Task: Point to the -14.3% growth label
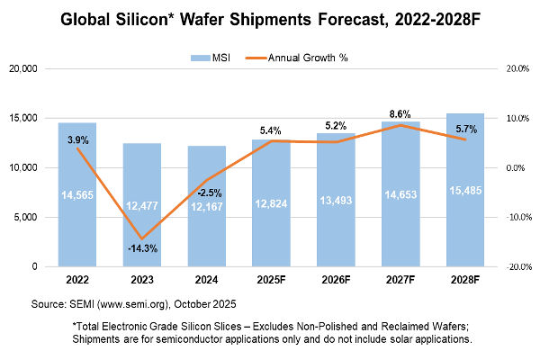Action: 142,247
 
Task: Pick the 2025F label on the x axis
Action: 272,278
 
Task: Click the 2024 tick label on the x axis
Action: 207,278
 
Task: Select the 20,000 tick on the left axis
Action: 34,68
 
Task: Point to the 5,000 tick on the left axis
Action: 37,217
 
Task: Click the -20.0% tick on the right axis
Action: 515,266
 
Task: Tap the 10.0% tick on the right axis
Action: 515,118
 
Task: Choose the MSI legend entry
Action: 212,58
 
